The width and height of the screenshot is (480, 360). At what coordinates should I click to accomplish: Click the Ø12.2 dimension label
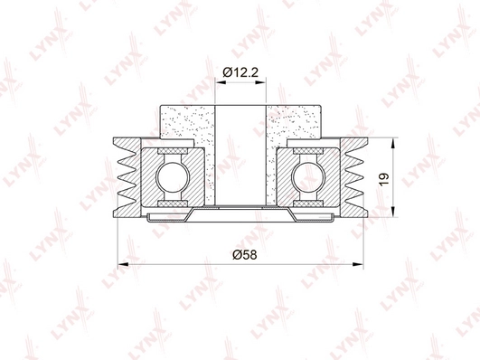click(240, 72)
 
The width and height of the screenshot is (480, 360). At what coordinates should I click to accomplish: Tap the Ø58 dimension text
click(245, 255)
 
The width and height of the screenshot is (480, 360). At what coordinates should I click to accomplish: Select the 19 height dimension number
click(384, 179)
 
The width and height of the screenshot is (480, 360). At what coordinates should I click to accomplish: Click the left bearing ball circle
click(173, 177)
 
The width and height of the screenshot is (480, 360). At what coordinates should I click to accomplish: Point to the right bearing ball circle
click(308, 177)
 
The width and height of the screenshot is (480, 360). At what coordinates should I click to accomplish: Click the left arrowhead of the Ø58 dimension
click(123, 264)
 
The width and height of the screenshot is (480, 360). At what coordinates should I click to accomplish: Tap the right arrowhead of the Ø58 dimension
click(358, 264)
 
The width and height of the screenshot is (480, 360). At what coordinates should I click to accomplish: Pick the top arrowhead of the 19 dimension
click(392, 143)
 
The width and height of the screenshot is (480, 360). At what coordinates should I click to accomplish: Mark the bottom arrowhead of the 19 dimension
click(392, 212)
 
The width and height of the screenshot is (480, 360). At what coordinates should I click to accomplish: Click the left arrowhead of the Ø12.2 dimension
click(221, 82)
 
